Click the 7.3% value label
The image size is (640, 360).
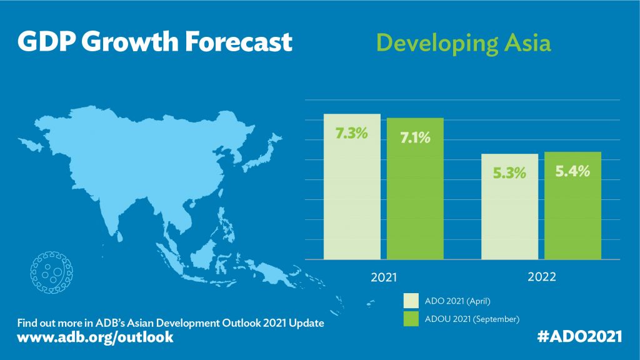(x=351, y=133)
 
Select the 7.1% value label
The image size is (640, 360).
(x=415, y=137)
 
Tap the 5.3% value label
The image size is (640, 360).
(x=509, y=172)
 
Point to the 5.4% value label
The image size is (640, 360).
(x=573, y=171)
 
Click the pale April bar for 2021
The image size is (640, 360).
(x=351, y=200)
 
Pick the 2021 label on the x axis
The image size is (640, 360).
(x=383, y=276)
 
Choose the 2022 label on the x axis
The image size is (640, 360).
(x=541, y=276)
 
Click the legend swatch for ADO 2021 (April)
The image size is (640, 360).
(x=411, y=301)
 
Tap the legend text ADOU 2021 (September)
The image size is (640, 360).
(x=472, y=319)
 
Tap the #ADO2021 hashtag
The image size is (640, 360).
(x=579, y=336)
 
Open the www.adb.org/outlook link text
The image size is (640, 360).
(x=95, y=337)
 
